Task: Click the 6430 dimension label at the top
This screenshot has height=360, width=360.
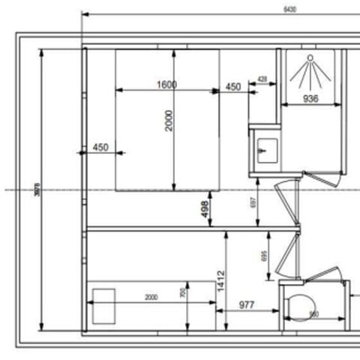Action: [289, 9]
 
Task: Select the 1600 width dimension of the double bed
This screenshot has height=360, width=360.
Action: [166, 85]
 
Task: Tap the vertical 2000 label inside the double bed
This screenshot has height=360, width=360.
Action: [169, 120]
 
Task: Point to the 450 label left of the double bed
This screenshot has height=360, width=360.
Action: [101, 148]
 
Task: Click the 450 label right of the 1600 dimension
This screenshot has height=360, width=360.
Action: [233, 87]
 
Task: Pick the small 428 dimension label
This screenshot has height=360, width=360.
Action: [262, 79]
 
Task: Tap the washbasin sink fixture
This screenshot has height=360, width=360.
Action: [265, 149]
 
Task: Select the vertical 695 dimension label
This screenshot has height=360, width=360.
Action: [265, 256]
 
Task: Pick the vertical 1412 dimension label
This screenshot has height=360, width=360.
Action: [221, 281]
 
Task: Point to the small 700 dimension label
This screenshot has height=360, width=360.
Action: [182, 293]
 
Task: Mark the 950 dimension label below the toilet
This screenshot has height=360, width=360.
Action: [314, 314]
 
